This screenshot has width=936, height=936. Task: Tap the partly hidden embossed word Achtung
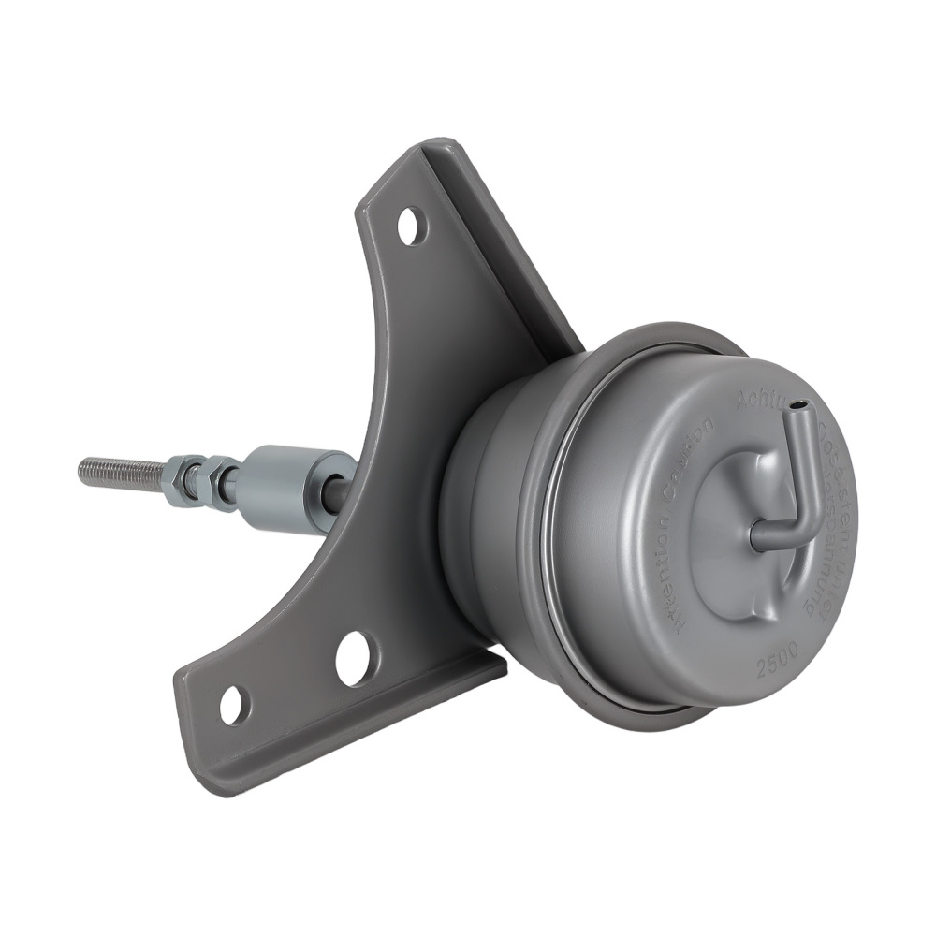(756, 402)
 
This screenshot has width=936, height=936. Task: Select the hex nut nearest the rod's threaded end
(183, 478)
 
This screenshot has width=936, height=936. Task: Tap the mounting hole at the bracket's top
(409, 227)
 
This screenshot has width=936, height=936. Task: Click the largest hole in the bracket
(357, 658)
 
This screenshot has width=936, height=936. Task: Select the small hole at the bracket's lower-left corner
(232, 704)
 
